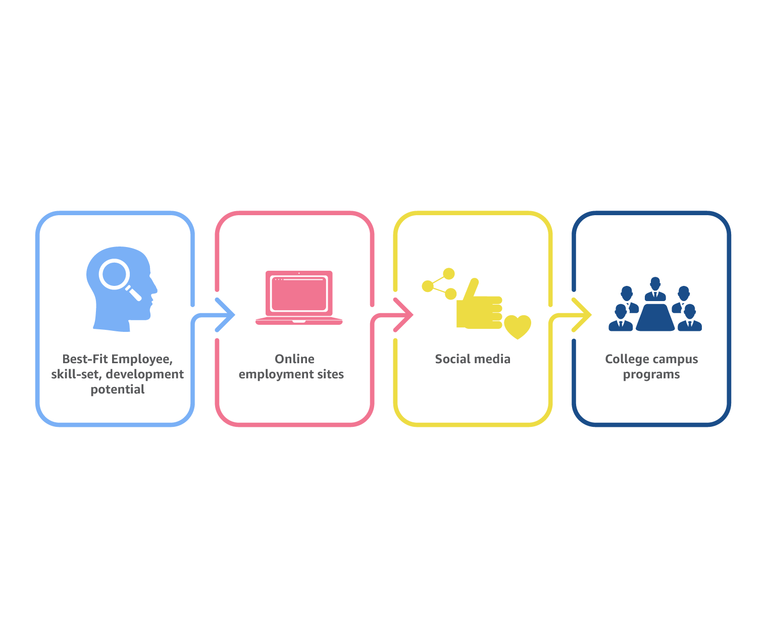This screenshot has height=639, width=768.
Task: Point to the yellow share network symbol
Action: pos(439,284)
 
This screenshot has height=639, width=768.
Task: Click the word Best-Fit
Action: pos(85,359)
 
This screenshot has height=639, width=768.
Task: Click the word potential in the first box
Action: pos(117,389)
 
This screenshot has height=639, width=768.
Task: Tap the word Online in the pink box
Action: pos(294,359)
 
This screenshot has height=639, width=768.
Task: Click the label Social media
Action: pos(473,359)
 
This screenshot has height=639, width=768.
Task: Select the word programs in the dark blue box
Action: pos(651,374)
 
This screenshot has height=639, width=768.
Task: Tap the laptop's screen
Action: pos(299,293)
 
